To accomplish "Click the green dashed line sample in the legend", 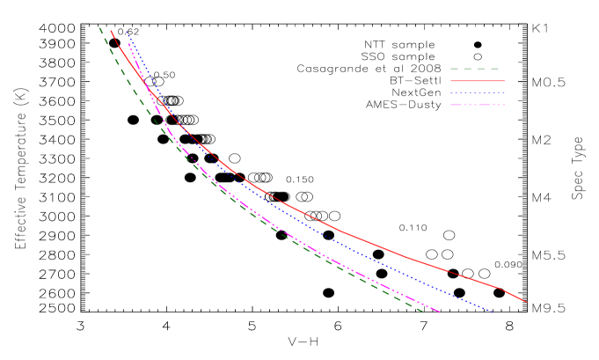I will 477,69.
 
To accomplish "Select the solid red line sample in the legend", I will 477,81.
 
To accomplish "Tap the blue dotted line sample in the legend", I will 477,92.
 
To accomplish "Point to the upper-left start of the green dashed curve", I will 99,27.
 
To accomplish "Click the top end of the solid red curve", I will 111,31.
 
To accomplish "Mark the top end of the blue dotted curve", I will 126,31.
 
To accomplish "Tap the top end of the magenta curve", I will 128,43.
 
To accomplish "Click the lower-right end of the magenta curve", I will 440,312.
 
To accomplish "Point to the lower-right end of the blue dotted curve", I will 493,312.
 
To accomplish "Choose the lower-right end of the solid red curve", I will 527,302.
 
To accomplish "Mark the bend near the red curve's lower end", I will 498,287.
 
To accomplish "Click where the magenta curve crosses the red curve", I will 148,88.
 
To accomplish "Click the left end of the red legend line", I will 451,81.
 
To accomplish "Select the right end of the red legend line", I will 504,81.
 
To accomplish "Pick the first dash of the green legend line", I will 456,69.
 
